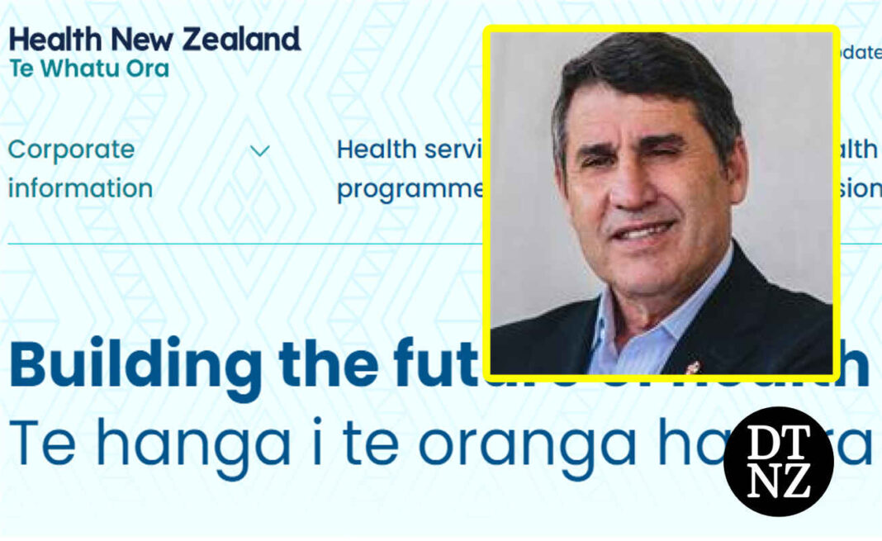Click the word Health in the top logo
55,40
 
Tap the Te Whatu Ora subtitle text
89,68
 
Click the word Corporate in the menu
71,149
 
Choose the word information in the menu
80,188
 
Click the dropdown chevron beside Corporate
260,151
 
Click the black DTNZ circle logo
778,462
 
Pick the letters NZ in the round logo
779,482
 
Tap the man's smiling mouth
641,233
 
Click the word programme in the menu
410,188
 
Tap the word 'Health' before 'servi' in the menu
376,149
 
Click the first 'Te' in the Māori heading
41,446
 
